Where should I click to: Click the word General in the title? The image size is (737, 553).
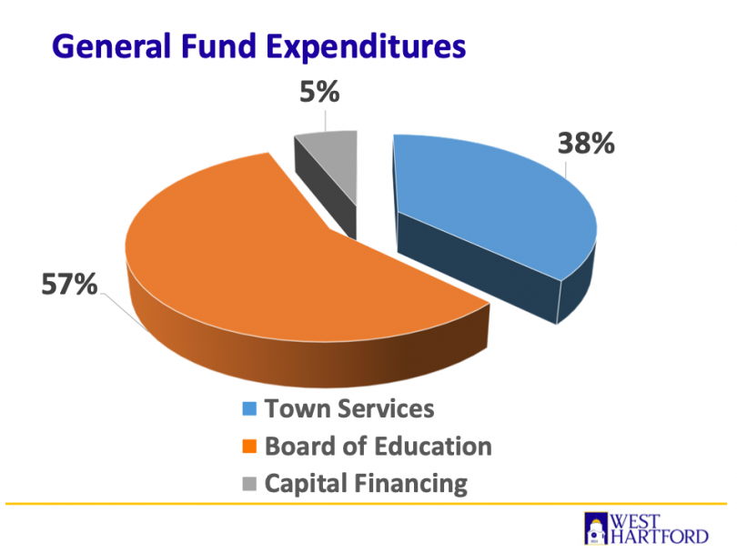pos(99,45)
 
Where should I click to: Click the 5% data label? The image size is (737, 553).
pos(320,94)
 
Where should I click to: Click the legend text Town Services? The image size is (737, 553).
pos(349,409)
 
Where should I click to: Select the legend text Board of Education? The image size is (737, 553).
pos(378,447)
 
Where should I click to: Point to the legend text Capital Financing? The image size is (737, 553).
pos(366,484)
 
